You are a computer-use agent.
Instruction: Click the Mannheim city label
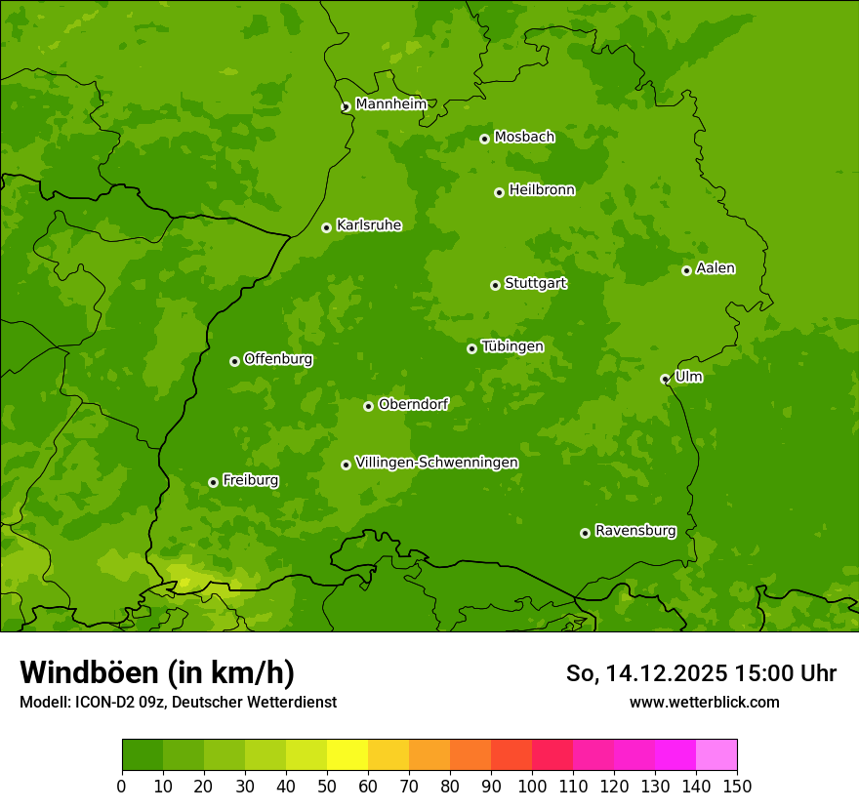[x=390, y=104]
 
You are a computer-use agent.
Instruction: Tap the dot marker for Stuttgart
[x=495, y=285]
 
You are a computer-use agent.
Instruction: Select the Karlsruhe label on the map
[x=368, y=225]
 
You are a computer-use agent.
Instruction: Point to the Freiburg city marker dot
[x=213, y=482]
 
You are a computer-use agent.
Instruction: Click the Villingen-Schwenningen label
[x=436, y=463]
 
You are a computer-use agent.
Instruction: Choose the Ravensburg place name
[x=634, y=531]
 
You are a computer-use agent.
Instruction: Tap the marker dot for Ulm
[x=665, y=379]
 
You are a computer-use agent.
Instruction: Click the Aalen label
[x=716, y=268]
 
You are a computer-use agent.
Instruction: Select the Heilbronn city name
[x=542, y=190]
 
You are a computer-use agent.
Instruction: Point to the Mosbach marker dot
[x=484, y=139]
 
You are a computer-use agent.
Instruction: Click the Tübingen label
[x=511, y=346]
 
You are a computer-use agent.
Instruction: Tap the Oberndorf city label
[x=413, y=404]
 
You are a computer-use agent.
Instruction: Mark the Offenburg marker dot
[x=234, y=361]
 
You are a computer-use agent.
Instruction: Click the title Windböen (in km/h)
[x=156, y=672]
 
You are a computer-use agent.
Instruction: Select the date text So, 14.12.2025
[x=646, y=673]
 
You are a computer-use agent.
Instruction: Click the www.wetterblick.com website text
[x=704, y=702]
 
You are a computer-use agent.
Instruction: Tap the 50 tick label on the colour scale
[x=327, y=786]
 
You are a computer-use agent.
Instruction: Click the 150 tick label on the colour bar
[x=737, y=786]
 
